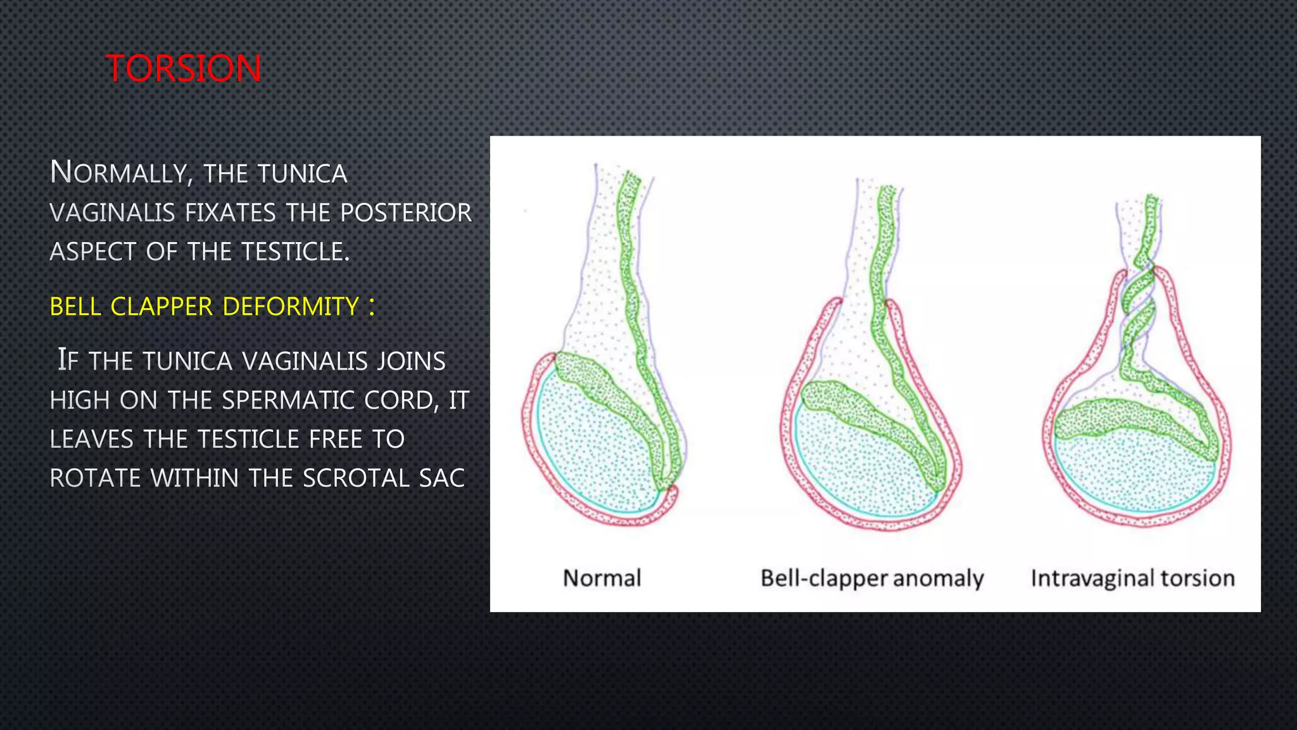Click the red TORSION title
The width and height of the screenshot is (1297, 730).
coord(183,68)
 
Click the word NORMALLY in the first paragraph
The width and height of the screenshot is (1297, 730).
coord(118,172)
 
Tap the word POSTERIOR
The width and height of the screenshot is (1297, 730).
coord(406,212)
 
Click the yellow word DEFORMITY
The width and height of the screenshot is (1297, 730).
coord(291,307)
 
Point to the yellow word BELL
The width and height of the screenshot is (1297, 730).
coord(75,307)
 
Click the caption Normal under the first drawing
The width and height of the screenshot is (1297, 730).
coord(602,578)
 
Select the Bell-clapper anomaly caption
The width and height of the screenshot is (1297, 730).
coord(872,578)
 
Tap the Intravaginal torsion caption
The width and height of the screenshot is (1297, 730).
coord(1132,578)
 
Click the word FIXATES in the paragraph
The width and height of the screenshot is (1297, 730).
coord(230,212)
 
